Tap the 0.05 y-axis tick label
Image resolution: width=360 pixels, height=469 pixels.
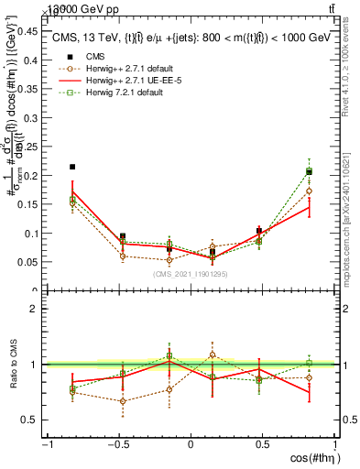[27, 262]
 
